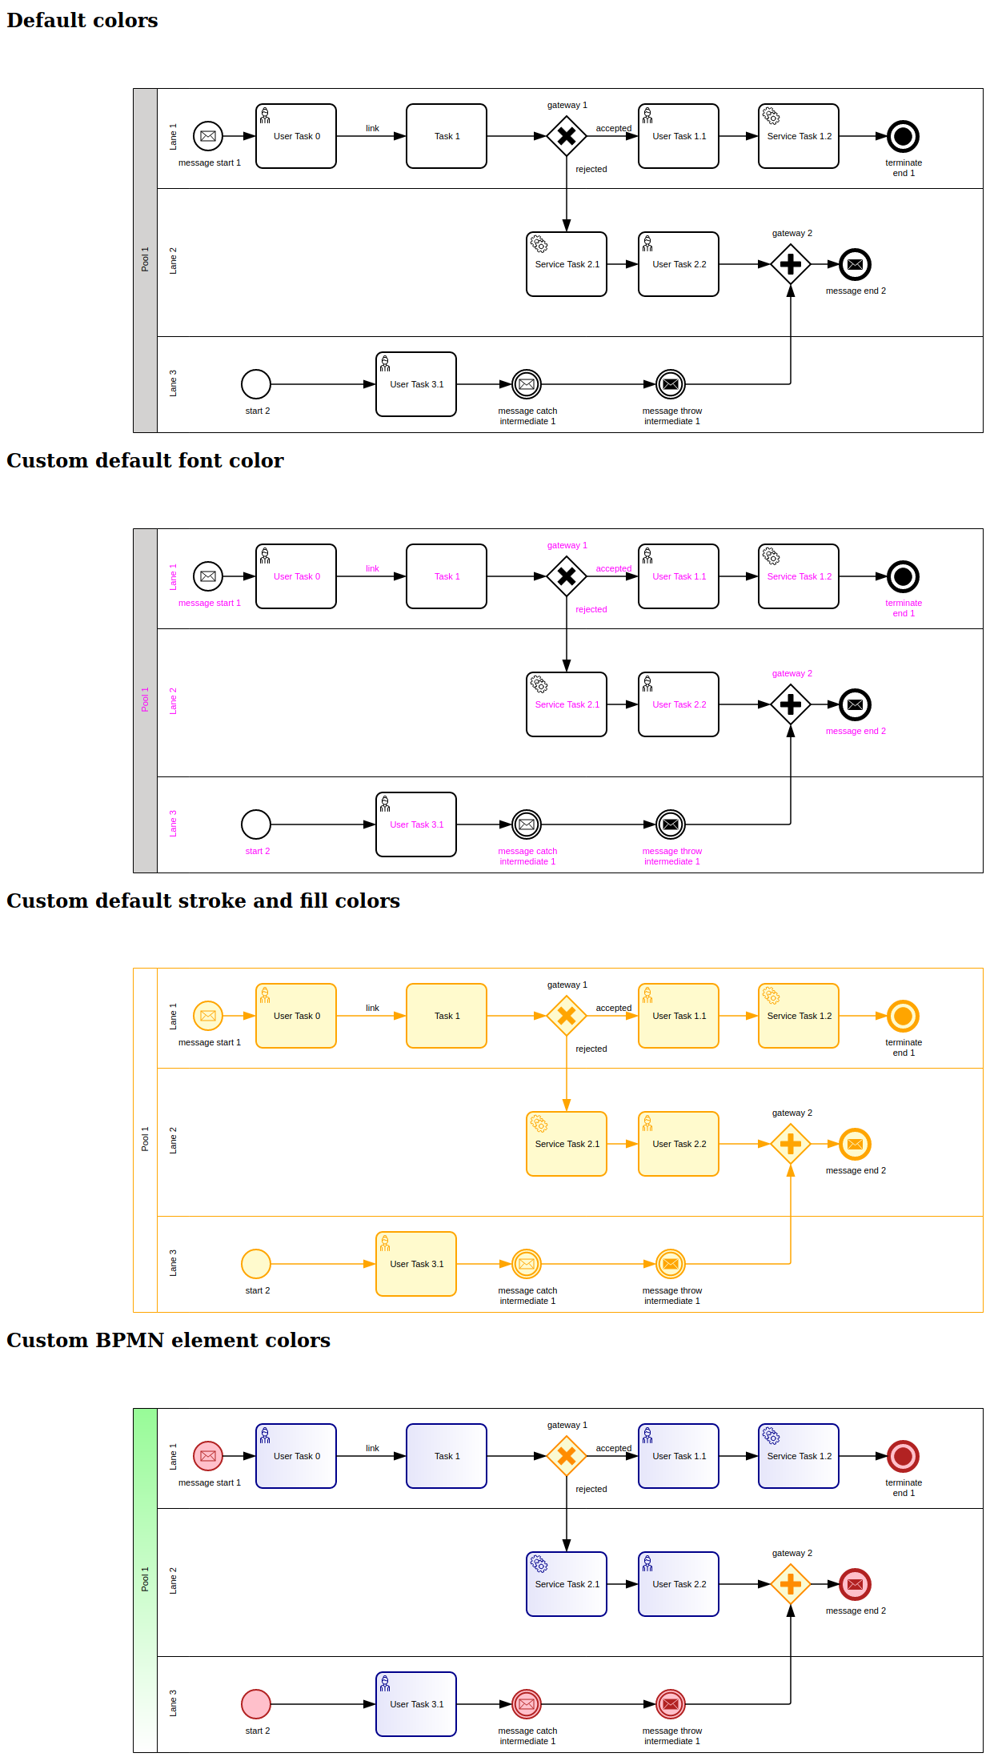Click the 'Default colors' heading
82,21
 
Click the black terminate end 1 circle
903,136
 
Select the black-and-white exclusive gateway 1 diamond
566,136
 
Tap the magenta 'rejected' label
591,609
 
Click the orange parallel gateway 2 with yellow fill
790,1144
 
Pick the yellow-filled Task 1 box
446,1016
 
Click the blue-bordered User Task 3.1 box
415,1704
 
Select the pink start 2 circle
255,1704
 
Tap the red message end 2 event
854,1584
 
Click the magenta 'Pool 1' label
145,700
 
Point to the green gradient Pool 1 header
145,1580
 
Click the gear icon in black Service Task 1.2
771,116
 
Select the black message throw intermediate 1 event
670,384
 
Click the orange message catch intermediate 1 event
526,1264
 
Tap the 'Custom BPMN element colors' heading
168,1340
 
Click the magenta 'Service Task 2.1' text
567,704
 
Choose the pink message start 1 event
207,1456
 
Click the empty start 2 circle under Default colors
255,384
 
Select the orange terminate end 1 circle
903,1016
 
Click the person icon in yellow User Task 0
265,995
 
